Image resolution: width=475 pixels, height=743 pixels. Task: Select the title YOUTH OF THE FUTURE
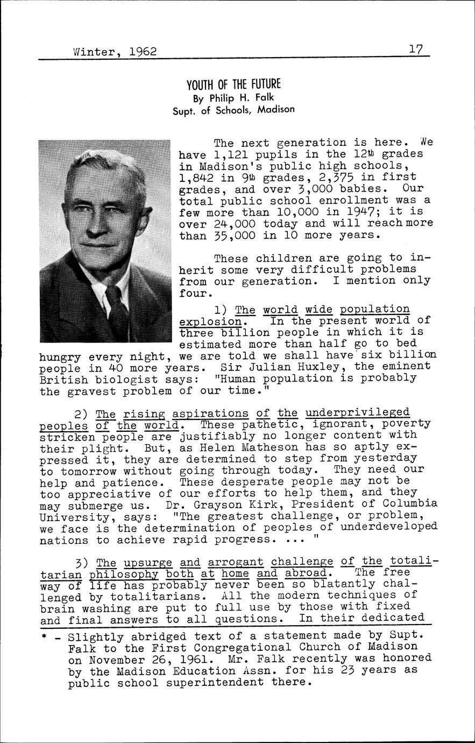tap(233, 85)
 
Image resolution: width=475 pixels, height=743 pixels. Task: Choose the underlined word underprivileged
tap(357, 412)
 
